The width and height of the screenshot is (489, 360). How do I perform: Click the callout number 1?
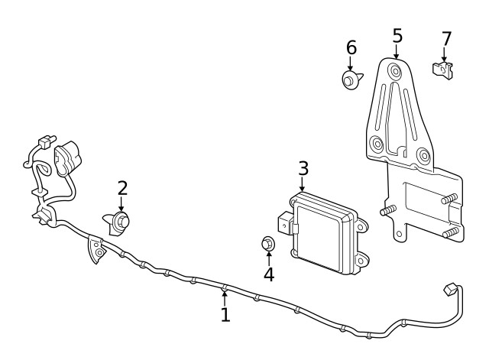[225, 315]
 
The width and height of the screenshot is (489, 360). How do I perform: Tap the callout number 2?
[122, 188]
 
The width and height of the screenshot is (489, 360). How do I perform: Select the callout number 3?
[303, 168]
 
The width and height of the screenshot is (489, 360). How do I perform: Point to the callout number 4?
[268, 273]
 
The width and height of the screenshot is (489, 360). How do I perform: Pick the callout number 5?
[397, 35]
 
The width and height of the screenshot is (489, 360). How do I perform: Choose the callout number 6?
[351, 47]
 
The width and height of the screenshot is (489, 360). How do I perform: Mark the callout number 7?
[446, 38]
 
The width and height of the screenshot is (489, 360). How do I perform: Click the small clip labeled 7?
[442, 70]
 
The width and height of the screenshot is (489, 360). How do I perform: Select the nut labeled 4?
[267, 244]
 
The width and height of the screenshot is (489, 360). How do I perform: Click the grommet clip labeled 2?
[119, 222]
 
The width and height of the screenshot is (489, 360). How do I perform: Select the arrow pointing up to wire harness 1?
[225, 294]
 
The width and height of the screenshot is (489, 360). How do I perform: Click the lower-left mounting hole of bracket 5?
[376, 144]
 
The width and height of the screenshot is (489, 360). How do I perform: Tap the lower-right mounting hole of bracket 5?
[421, 156]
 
